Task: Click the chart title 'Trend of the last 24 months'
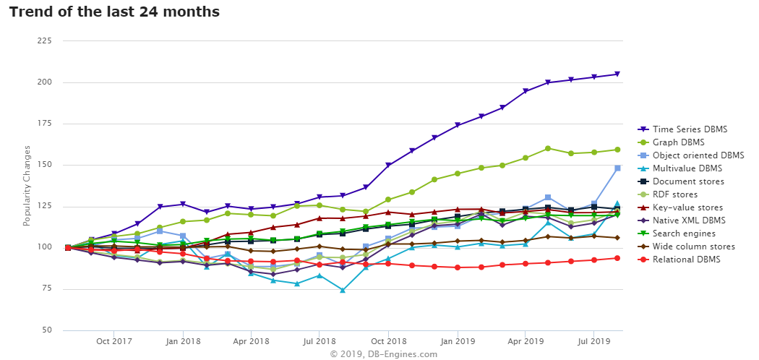[114, 12]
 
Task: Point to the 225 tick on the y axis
[44, 40]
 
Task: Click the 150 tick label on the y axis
[44, 165]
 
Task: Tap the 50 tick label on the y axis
[46, 330]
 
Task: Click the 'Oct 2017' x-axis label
[113, 341]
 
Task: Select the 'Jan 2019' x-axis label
[457, 341]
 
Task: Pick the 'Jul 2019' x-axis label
[593, 341]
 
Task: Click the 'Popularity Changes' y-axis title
[27, 185]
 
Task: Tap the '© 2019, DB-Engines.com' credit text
[383, 354]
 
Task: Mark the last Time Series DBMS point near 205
[617, 74]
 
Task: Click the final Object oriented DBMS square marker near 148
[617, 168]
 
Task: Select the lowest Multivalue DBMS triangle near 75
[343, 290]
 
